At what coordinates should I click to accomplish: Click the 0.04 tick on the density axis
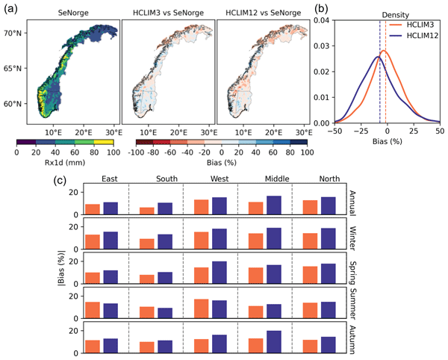[318, 21]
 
